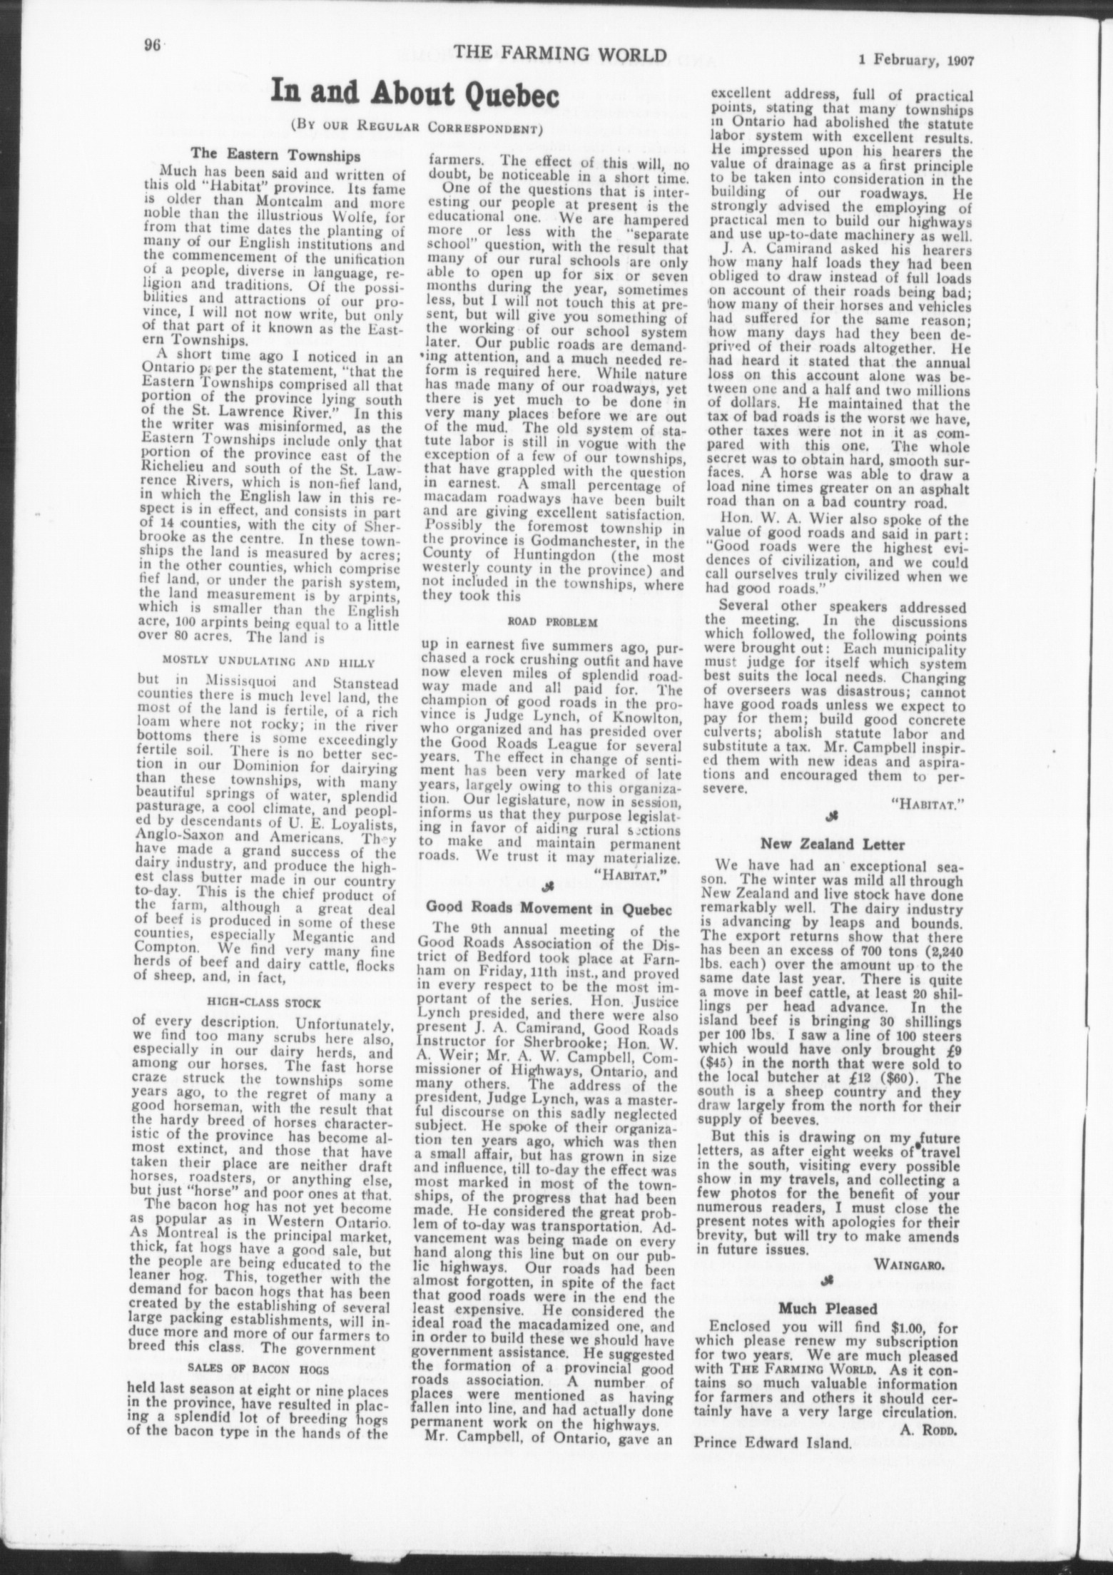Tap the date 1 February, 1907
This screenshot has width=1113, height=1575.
(917, 61)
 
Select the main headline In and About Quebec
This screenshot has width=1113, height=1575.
(414, 95)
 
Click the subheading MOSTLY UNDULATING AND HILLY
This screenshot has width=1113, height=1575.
(269, 660)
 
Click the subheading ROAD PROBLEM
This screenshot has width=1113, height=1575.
(552, 621)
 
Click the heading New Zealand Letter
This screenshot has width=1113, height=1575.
(833, 845)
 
